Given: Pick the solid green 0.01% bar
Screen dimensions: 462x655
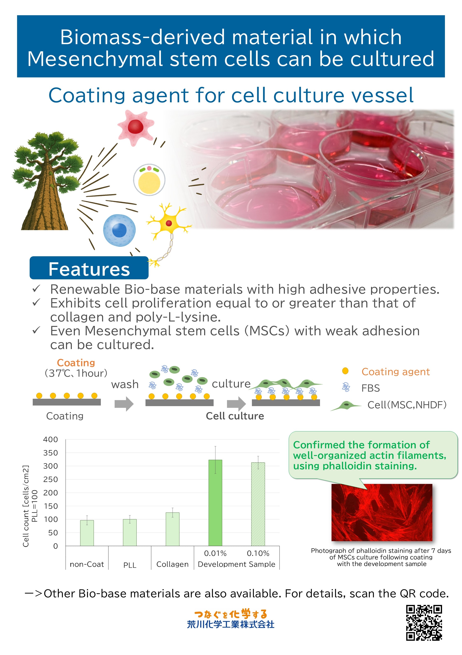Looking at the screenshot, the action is pyautogui.click(x=215, y=503).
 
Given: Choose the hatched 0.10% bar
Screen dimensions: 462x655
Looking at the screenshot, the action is pyautogui.click(x=258, y=504).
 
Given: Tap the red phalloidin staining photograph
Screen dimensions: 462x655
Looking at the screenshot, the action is pyautogui.click(x=382, y=512).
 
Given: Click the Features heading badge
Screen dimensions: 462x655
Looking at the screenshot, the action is pyautogui.click(x=89, y=268).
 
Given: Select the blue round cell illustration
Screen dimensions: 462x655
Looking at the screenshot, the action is pyautogui.click(x=119, y=230).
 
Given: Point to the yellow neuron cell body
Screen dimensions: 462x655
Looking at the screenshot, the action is pyautogui.click(x=169, y=223).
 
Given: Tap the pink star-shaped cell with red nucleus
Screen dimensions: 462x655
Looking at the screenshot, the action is pyautogui.click(x=136, y=127).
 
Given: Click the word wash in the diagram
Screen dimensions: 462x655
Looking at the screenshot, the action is pyautogui.click(x=125, y=384).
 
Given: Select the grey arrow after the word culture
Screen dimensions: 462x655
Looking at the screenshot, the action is pyautogui.click(x=236, y=404).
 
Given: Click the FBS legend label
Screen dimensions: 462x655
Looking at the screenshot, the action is pyautogui.click(x=370, y=388).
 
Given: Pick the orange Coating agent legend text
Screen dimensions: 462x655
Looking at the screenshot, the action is pyautogui.click(x=396, y=372).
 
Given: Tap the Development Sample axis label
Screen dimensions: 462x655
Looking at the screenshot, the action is pyautogui.click(x=236, y=564).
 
